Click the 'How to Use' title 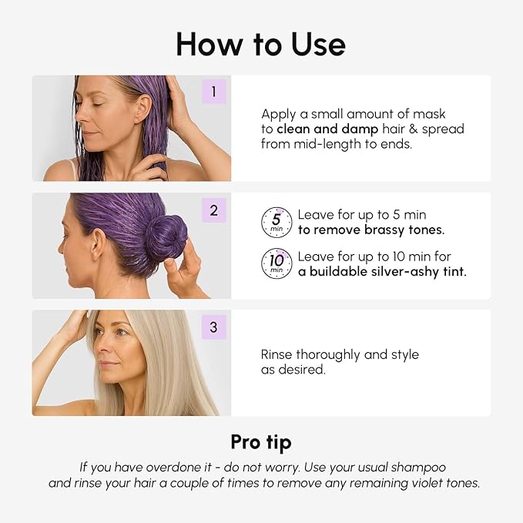pyautogui.click(x=261, y=44)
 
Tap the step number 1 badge pyautogui.click(x=213, y=92)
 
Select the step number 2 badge pyautogui.click(x=213, y=210)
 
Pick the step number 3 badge pyautogui.click(x=213, y=327)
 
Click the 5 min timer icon pyautogui.click(x=277, y=222)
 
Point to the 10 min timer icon pyautogui.click(x=277, y=263)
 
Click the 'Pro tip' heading pyautogui.click(x=261, y=442)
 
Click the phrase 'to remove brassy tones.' pyautogui.click(x=371, y=230)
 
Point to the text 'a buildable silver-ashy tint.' pyautogui.click(x=382, y=271)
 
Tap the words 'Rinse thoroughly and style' pyautogui.click(x=340, y=354)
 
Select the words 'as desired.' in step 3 pyautogui.click(x=293, y=370)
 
